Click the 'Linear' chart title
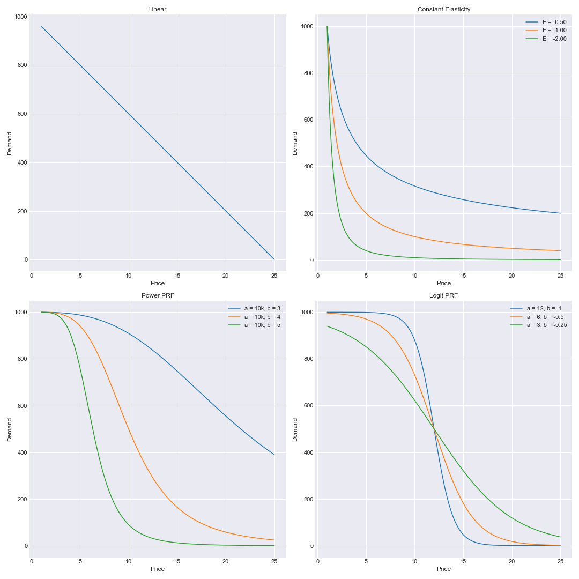point(158,9)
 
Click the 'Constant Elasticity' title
point(443,9)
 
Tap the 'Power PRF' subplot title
point(158,295)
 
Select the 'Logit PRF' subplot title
point(443,295)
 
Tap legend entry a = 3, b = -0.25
point(546,325)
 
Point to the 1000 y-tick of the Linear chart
point(21,17)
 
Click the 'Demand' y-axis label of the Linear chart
point(9,143)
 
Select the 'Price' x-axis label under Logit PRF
point(443,569)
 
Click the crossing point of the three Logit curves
point(434,429)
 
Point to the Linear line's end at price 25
point(274,259)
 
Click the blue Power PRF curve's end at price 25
point(274,455)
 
